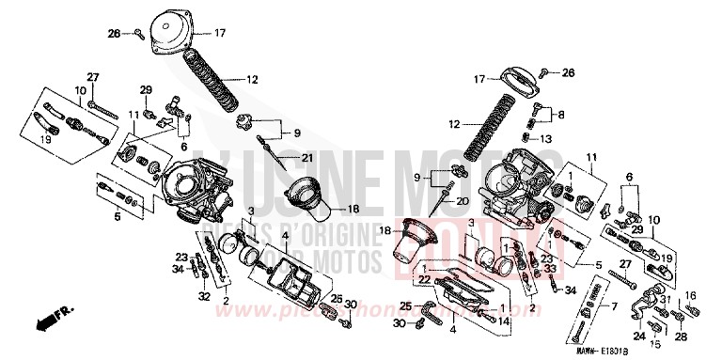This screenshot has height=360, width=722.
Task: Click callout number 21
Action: pos(306,157)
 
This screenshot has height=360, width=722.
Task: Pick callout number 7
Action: pos(615,306)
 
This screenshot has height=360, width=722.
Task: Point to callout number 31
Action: pos(663,299)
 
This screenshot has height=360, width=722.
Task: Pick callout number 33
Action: pos(555,268)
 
